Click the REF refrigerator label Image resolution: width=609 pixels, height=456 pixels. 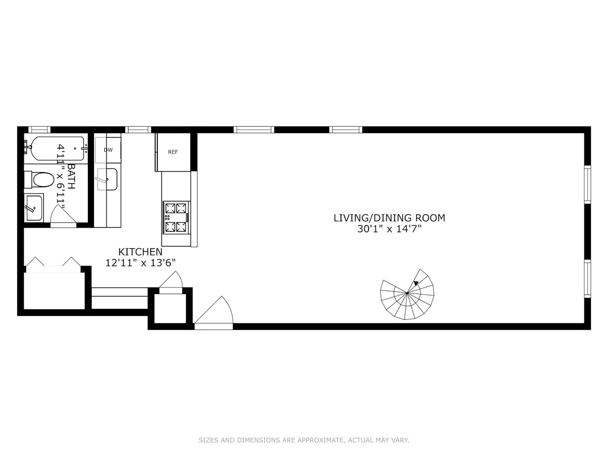[173, 152]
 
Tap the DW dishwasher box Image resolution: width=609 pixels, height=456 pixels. [108, 150]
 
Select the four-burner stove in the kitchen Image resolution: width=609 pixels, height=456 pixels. [176, 217]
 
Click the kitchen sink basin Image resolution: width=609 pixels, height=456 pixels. [107, 179]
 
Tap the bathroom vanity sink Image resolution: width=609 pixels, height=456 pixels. [33, 208]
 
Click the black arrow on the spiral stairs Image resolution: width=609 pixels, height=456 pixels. [416, 283]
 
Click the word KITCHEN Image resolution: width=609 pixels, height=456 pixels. [140, 252]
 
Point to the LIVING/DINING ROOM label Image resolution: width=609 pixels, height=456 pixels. [389, 218]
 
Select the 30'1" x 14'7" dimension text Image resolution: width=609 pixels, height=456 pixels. [389, 229]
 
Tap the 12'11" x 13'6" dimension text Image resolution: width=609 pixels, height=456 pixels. [140, 263]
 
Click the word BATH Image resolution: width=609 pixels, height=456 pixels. [71, 176]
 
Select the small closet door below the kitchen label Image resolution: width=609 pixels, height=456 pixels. [171, 282]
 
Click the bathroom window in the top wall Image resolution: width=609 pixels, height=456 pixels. [39, 130]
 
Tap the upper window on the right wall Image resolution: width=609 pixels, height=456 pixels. [587, 184]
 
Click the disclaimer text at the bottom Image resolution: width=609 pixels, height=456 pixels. [304, 440]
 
